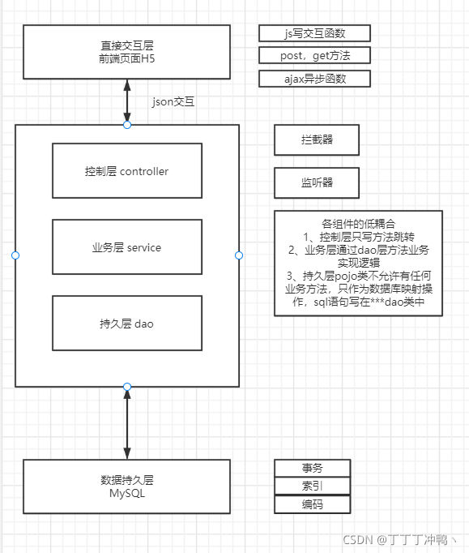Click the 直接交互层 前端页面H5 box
point(126,53)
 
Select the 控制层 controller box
point(126,171)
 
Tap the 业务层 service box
point(126,247)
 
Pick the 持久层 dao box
point(126,324)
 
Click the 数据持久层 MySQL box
point(126,487)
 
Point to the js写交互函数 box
point(315,33)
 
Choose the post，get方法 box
point(315,56)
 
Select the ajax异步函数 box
point(315,79)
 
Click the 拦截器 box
point(316,139)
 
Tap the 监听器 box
point(316,182)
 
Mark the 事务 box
point(313,468)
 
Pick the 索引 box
point(313,486)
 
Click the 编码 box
point(313,504)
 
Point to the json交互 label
point(173,103)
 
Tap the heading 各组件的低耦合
point(357,223)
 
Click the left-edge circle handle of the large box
point(15,255)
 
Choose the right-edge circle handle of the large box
point(239,255)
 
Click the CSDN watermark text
point(401,540)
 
